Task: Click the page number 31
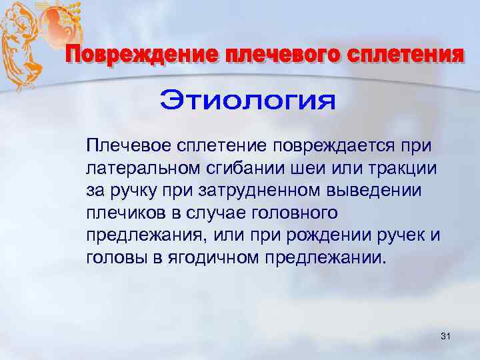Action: (446, 339)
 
